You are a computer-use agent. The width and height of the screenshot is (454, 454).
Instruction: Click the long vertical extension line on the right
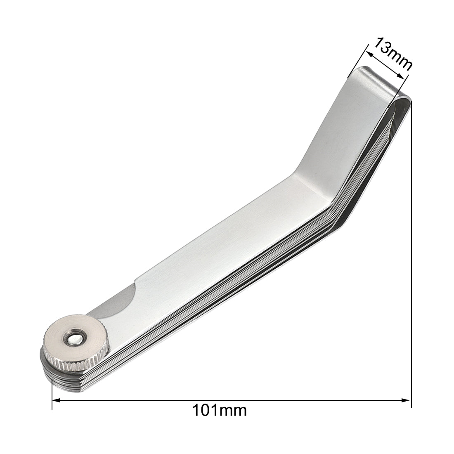pos(411,248)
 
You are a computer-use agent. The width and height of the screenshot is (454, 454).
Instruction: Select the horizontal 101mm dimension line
pos(231,400)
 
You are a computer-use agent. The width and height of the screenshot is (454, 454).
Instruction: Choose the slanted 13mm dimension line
pos(383,64)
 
